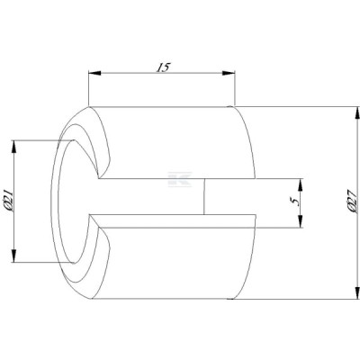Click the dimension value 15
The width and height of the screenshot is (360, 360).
[x=163, y=67]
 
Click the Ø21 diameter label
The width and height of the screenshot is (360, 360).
[x=8, y=201]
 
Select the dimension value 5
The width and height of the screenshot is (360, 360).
[x=296, y=202]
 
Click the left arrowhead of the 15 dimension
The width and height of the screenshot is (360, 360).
[x=94, y=73]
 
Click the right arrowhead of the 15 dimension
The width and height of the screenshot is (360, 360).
[x=229, y=73]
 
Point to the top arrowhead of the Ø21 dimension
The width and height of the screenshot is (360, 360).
[x=13, y=147]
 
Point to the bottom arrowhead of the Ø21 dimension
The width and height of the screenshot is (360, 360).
[x=13, y=256]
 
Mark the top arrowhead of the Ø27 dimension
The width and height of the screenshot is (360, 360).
[x=357, y=112]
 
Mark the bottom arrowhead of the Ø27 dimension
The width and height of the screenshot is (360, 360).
[x=357, y=293]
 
